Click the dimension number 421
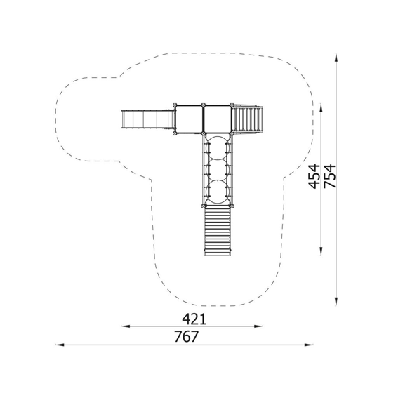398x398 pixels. click(194, 319)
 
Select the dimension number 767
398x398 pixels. click(186, 336)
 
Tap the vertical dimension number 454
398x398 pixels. click(314, 176)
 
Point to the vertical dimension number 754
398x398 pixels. click(330, 176)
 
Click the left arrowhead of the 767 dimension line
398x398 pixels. click(60, 345)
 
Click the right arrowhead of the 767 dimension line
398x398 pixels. click(309, 345)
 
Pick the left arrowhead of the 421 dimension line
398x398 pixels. click(126, 326)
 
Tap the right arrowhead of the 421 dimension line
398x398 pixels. click(258, 326)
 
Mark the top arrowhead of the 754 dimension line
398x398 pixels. click(336, 57)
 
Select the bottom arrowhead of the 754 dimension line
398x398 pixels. click(336, 302)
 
